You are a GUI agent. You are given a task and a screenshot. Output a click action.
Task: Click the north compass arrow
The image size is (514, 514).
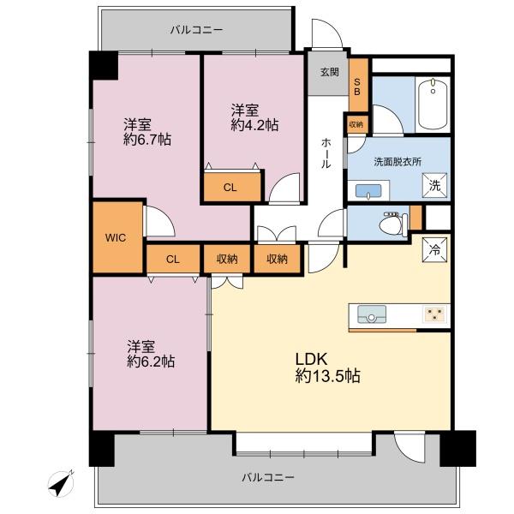[62, 484]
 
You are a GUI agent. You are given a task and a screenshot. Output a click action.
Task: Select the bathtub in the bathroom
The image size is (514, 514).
[433, 104]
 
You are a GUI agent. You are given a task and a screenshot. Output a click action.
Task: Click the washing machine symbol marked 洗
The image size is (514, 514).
[434, 186]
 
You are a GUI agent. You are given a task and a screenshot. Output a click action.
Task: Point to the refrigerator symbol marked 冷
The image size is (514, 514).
[434, 250]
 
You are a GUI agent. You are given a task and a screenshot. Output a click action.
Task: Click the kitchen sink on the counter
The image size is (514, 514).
[372, 314]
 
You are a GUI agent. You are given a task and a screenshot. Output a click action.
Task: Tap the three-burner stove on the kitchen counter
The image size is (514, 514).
[435, 314]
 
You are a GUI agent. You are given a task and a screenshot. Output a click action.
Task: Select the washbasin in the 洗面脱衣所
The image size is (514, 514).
[368, 191]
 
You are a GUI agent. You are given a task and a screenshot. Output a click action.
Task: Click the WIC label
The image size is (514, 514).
[116, 237]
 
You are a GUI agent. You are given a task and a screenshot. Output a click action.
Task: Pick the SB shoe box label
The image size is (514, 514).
[357, 87]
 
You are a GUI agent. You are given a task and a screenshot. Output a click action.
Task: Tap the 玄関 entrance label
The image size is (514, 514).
[330, 72]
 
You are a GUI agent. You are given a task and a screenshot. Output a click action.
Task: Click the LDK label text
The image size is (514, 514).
[311, 359]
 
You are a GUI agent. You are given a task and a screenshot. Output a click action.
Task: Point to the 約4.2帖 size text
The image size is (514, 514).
[254, 125]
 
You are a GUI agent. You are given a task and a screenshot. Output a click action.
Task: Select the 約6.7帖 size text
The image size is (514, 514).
[147, 140]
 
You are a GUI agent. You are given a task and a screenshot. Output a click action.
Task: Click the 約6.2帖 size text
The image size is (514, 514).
[151, 362]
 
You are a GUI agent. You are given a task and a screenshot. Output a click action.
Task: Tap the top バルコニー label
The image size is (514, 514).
[197, 30]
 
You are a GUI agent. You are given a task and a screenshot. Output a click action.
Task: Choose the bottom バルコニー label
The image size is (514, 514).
[268, 477]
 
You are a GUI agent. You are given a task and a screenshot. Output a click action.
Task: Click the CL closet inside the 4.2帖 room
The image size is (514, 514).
[230, 187]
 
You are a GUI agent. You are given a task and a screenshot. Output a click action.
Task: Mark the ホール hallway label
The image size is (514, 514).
[326, 153]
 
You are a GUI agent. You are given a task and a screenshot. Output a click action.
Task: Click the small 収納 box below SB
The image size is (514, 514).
[356, 124]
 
